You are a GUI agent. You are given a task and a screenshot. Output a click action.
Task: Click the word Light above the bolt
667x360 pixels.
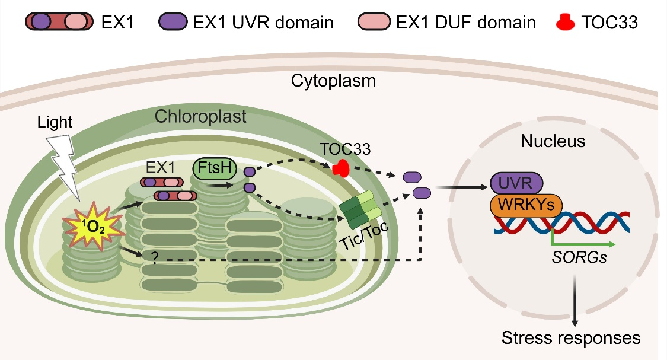pyautogui.click(x=54, y=123)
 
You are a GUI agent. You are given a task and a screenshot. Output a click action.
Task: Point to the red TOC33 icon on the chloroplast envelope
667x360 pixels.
pyautogui.click(x=339, y=169)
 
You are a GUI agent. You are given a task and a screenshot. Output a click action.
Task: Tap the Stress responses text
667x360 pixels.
pyautogui.click(x=570, y=339)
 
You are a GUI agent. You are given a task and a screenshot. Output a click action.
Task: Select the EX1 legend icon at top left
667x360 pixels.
pyautogui.click(x=59, y=22)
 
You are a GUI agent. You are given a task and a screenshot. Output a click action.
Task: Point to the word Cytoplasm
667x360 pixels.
pyautogui.click(x=333, y=81)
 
